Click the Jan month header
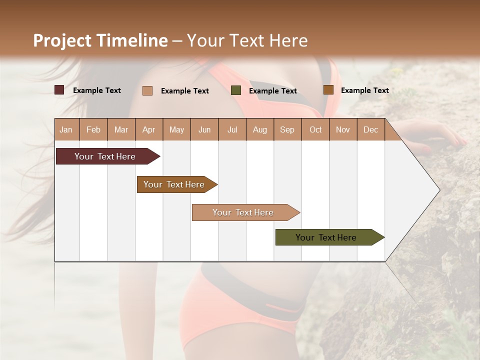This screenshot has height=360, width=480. point(66,129)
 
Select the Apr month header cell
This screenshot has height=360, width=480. point(148,129)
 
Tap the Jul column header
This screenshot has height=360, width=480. point(232,129)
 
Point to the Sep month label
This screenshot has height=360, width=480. point(287,129)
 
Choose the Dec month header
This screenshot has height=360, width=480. point(370,129)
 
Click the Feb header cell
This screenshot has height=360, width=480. point(93,129)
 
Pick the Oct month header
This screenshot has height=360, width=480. point(315,129)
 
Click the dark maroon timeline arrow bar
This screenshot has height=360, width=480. point(105,156)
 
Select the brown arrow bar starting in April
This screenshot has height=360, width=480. point(174,184)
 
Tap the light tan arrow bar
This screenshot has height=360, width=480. point(243,212)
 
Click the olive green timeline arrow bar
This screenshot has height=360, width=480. point(326,237)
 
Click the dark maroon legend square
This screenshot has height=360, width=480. point(59,90)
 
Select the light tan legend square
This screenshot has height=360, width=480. point(147,90)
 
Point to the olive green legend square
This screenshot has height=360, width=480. point(236,90)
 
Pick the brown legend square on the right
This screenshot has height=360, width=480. point(328,90)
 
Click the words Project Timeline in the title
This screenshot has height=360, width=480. point(100,40)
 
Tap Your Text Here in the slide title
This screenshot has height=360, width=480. point(247,40)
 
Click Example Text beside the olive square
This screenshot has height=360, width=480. point(272,91)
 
